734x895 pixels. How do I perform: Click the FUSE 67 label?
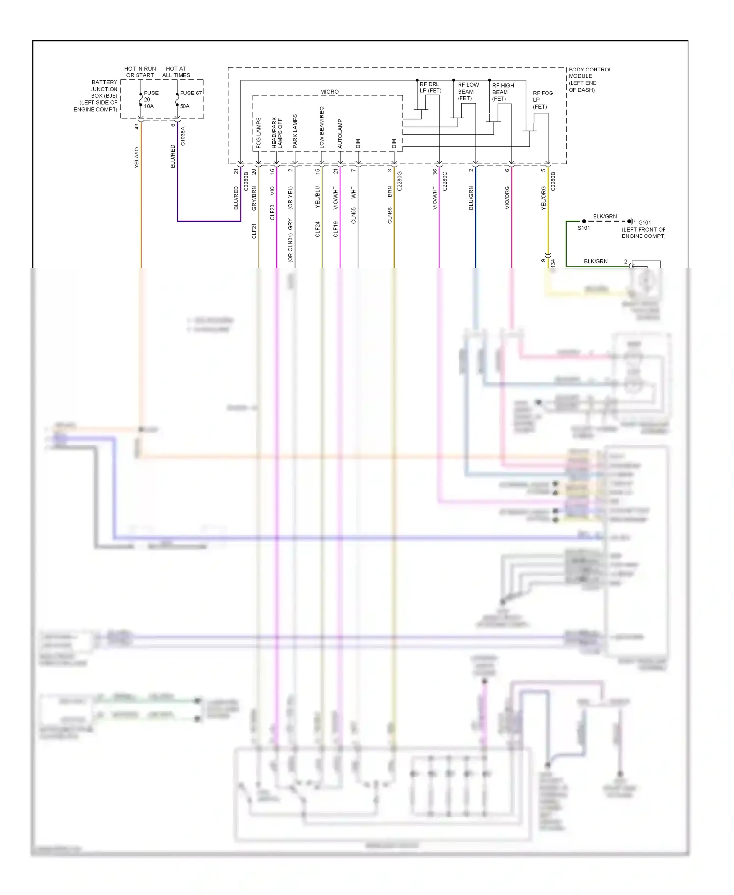point(190,93)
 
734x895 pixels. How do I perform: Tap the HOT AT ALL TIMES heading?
point(176,72)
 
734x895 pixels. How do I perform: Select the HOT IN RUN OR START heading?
point(140,72)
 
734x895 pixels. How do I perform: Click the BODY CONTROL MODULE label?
point(590,79)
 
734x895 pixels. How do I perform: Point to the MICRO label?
point(329,92)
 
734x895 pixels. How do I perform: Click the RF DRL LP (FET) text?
point(430,87)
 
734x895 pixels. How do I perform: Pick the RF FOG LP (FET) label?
point(543,100)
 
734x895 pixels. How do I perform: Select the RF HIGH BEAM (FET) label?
point(503,92)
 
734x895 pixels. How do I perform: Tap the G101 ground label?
point(644,222)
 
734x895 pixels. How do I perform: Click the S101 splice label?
point(584,228)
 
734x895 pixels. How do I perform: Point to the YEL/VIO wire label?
point(137,158)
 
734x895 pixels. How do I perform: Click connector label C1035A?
point(183,136)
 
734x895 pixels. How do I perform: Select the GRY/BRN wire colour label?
point(254,198)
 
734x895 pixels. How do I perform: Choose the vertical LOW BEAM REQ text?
point(322,127)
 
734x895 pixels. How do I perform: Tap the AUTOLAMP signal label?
point(340,134)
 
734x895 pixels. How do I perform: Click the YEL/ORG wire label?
point(543,198)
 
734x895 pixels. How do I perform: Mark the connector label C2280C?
point(445,181)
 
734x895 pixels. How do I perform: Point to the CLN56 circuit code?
point(390,215)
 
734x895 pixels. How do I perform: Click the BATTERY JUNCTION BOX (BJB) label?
point(96,96)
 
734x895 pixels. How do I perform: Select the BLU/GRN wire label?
point(471,198)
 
